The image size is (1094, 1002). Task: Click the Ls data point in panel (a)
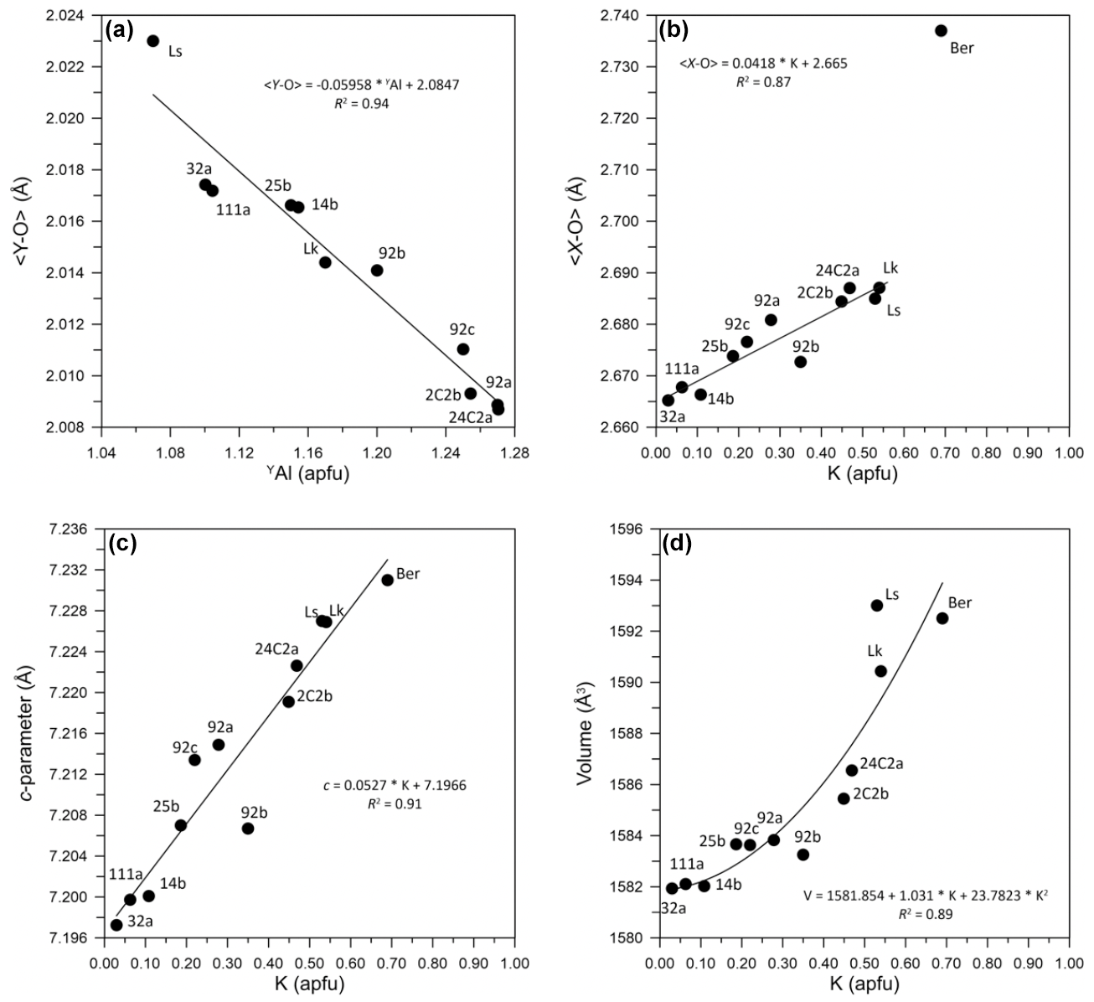click(x=153, y=41)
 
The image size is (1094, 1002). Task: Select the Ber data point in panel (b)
click(x=941, y=30)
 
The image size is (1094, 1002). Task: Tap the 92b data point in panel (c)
click(x=248, y=828)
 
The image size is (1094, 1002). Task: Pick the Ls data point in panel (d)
click(x=877, y=605)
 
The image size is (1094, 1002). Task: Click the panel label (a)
click(x=119, y=29)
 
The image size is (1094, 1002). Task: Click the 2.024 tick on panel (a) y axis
click(x=76, y=15)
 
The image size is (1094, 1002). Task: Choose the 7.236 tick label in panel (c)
click(x=77, y=529)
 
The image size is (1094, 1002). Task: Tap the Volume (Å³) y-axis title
click(x=586, y=733)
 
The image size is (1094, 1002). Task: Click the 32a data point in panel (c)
click(x=116, y=925)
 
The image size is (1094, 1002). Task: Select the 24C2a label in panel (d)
click(x=886, y=763)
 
